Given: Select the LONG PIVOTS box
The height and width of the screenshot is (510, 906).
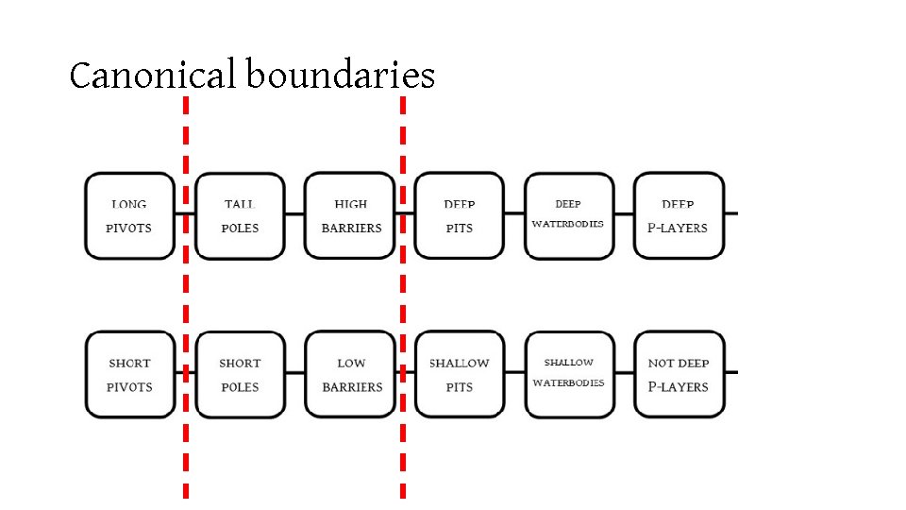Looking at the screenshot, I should point(129,215).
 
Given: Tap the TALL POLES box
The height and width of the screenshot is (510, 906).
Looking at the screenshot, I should point(240,215).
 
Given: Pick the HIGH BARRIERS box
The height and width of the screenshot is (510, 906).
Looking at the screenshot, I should point(351,215).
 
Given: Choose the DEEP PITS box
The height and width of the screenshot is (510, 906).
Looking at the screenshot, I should point(460,215).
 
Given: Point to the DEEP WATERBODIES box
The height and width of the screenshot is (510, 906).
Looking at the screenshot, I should point(568,215).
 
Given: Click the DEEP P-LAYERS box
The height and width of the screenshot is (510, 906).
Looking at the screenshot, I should point(678,215).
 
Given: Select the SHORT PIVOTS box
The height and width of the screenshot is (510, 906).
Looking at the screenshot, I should point(129,374).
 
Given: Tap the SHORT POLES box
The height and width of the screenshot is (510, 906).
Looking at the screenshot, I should point(240,374).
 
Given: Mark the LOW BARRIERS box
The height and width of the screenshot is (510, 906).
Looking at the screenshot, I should point(351,374).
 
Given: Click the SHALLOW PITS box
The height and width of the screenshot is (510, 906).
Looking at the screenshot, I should point(460,374).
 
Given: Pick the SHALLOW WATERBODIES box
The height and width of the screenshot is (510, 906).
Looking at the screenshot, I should point(568,374).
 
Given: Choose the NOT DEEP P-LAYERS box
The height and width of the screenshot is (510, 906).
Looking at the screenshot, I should point(678,374).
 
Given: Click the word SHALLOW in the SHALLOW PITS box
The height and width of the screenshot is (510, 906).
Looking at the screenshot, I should point(460,364).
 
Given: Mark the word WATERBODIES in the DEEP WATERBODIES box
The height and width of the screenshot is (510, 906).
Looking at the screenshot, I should point(568,225).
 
